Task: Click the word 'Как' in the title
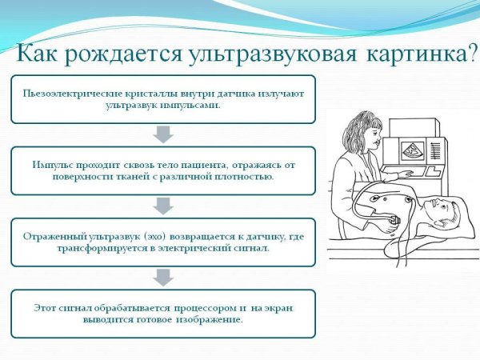click(38, 54)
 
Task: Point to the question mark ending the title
click(471, 54)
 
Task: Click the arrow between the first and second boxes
click(162, 135)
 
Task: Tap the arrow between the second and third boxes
click(162, 206)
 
